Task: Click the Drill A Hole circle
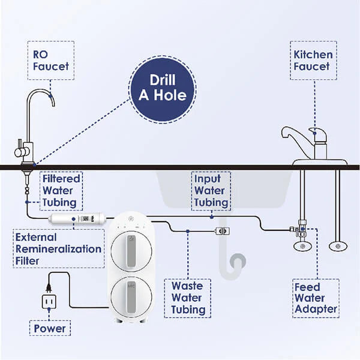pyautogui.click(x=163, y=88)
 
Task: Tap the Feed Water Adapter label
pyautogui.click(x=316, y=298)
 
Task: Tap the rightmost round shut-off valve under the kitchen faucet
pyautogui.click(x=337, y=246)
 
